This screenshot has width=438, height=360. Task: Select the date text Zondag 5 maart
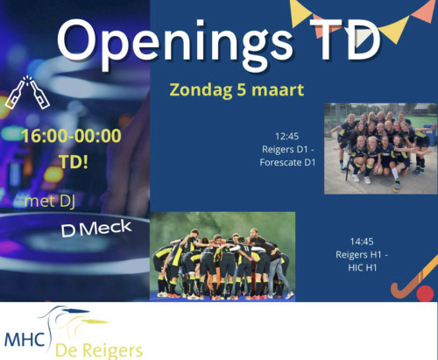click(x=237, y=89)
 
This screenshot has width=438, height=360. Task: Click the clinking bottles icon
click(x=27, y=93)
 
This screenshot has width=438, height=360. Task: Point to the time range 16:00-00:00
click(x=72, y=136)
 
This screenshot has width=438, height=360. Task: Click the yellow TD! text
click(x=74, y=161)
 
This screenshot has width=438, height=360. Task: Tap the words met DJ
click(x=50, y=201)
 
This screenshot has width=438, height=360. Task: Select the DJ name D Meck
click(x=96, y=229)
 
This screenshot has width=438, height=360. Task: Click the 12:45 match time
click(x=287, y=136)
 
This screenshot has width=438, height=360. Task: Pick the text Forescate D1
click(x=287, y=162)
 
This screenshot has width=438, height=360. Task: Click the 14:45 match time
click(x=362, y=242)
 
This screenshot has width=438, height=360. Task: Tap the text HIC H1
click(x=363, y=267)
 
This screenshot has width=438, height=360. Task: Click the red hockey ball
click(x=425, y=293)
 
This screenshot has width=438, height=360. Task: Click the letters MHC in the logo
click(x=25, y=339)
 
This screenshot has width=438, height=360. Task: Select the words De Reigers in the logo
click(x=99, y=350)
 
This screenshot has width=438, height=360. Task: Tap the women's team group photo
click(x=381, y=149)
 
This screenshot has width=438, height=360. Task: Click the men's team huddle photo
click(x=223, y=257)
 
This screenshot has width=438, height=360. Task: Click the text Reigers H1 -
click(x=362, y=255)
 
